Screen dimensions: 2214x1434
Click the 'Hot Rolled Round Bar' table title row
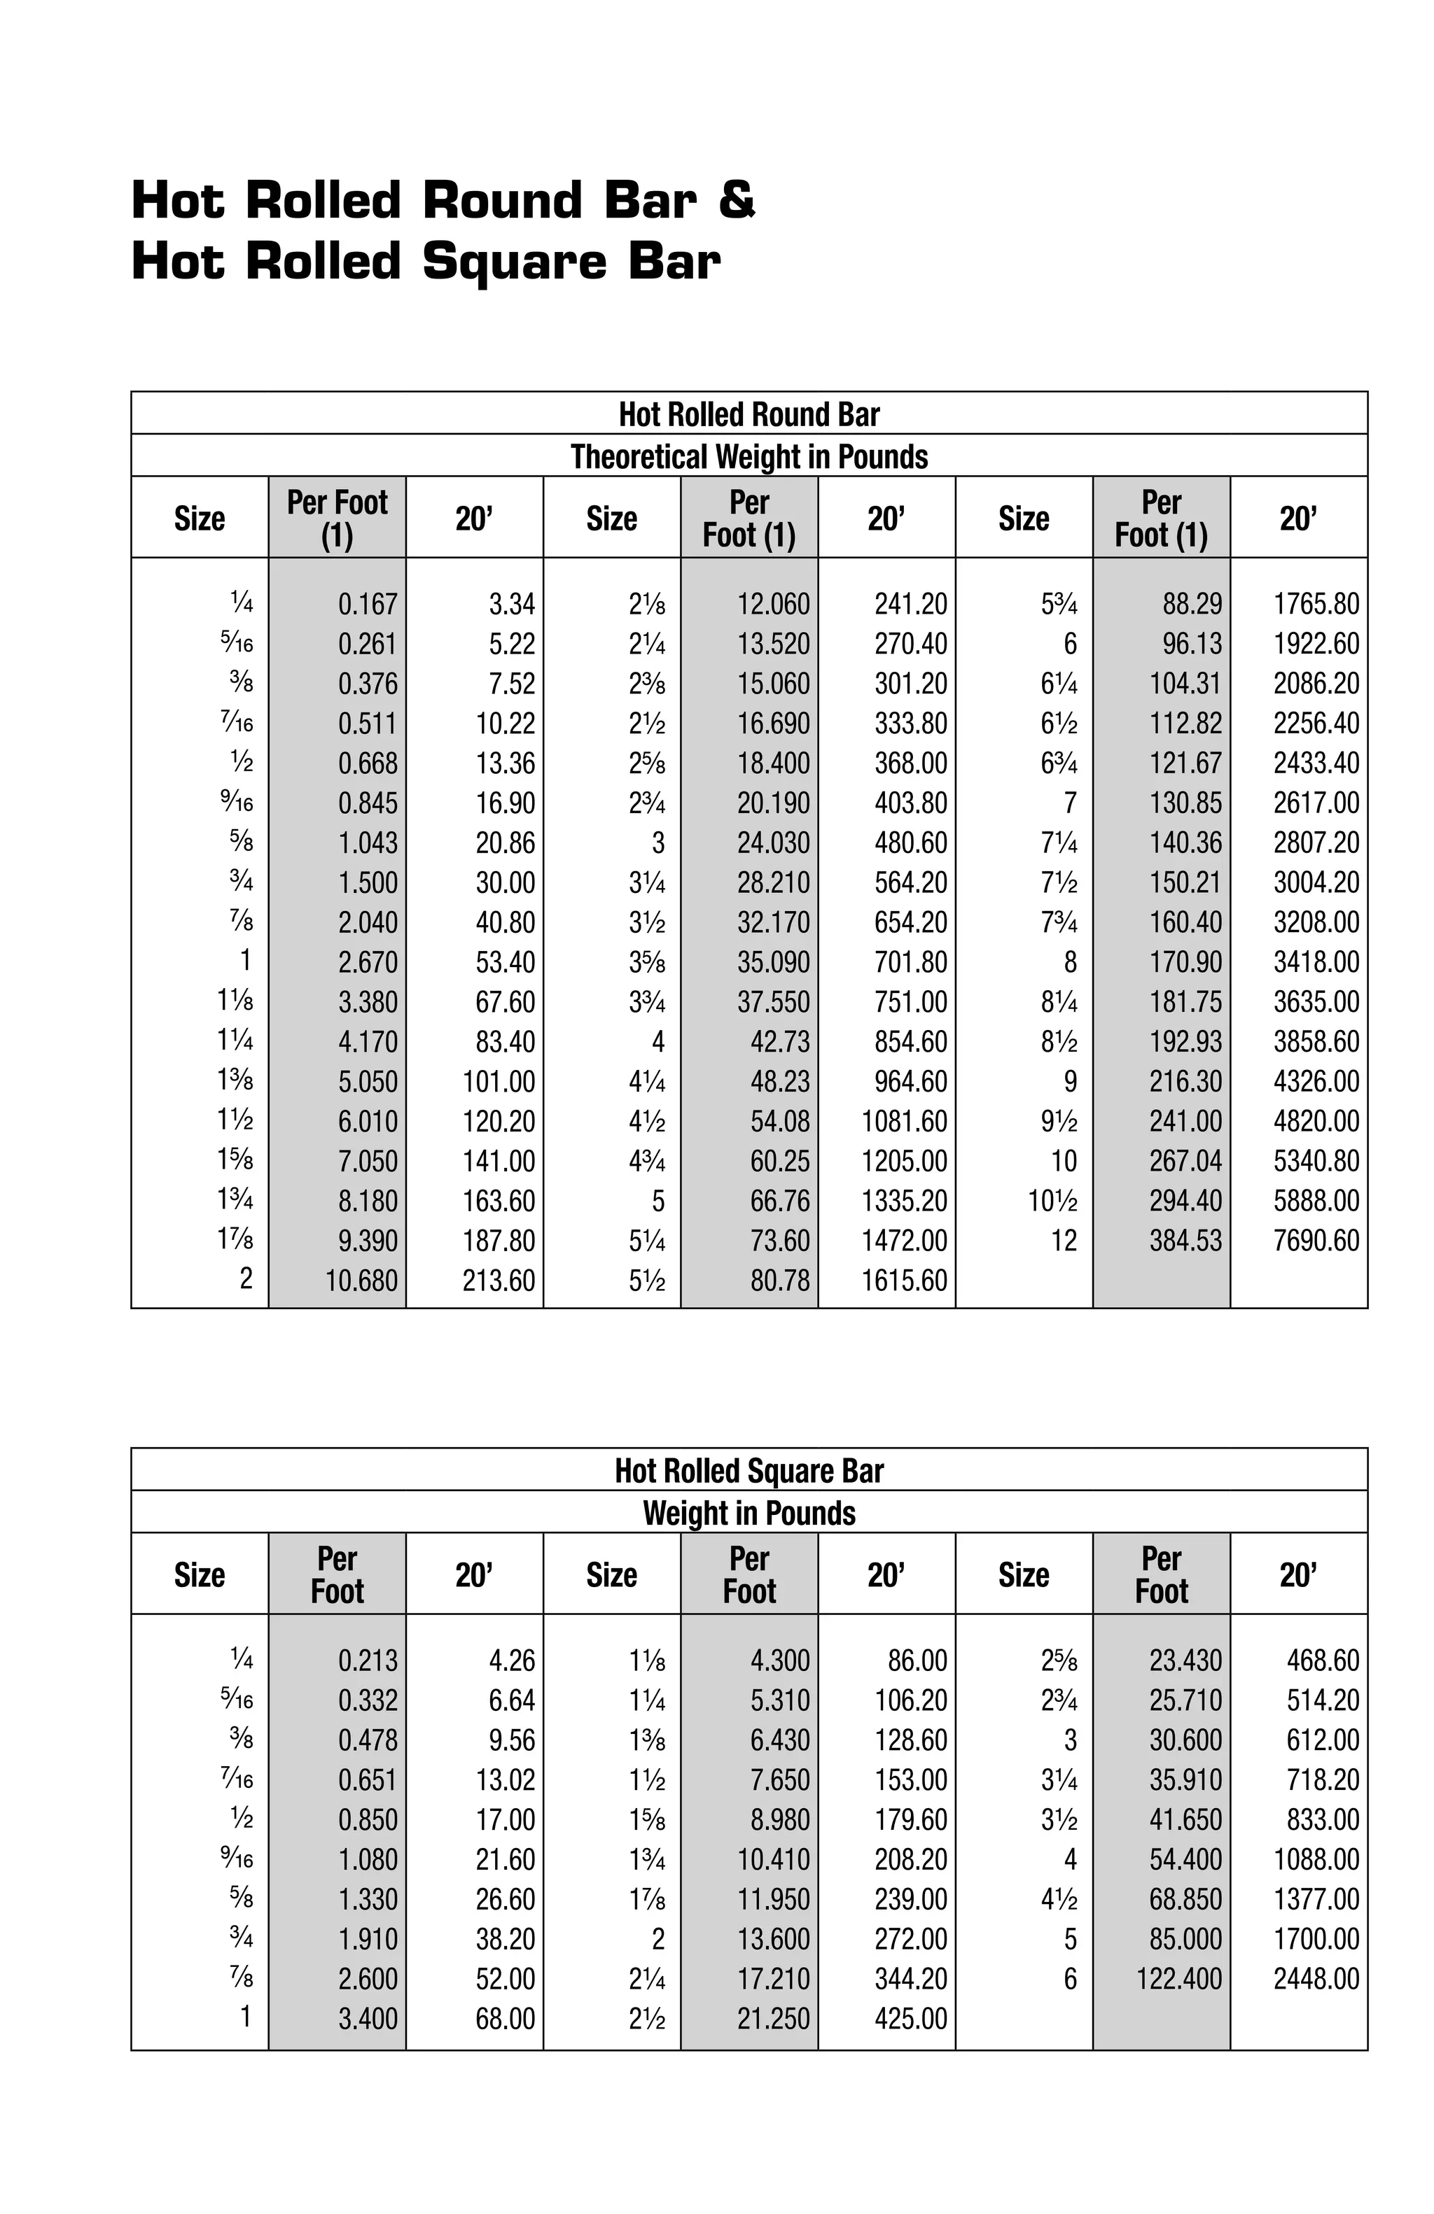tap(749, 414)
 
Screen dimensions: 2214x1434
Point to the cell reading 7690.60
tap(1315, 1240)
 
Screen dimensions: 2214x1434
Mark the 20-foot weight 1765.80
tap(1315, 604)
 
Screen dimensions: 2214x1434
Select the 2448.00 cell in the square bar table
tap(1315, 1979)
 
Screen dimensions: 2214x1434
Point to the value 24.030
tap(772, 842)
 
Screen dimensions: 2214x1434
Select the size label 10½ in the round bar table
tap(1052, 1201)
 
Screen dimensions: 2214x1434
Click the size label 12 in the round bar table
tap(1063, 1240)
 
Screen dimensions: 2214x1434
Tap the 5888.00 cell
tap(1315, 1201)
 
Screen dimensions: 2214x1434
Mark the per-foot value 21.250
tap(772, 2019)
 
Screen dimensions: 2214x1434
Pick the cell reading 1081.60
tap(903, 1121)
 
